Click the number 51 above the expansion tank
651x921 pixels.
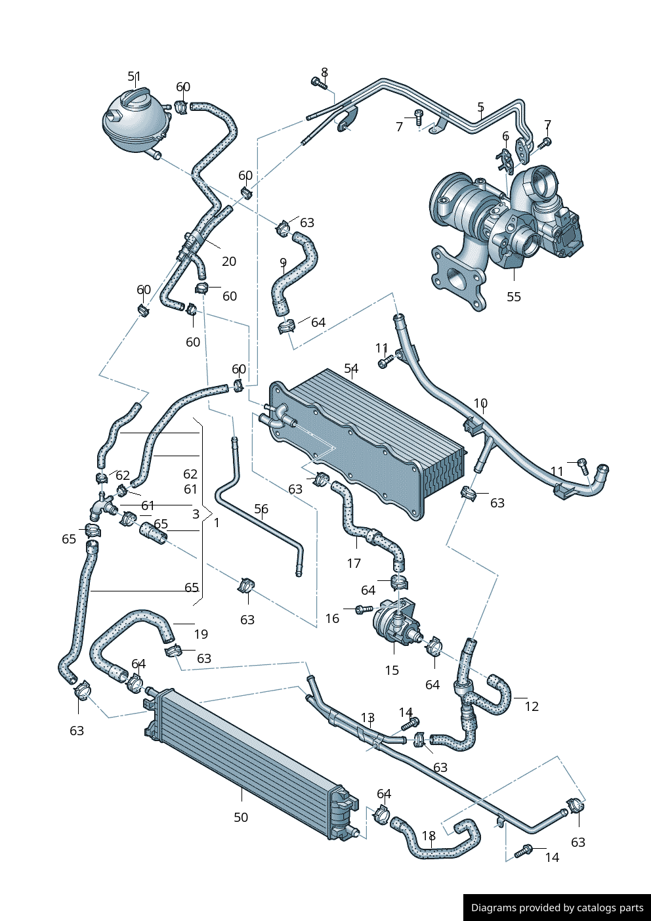pos(134,77)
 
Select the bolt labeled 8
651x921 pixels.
pos(318,83)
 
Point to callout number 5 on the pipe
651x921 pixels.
pos(481,107)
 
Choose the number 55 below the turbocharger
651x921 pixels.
pos(514,297)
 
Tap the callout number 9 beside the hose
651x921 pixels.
pos(283,263)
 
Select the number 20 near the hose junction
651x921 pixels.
pos(228,261)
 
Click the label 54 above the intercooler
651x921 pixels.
pos(351,369)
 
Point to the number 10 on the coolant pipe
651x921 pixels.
pos(480,403)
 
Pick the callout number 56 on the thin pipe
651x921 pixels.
pos(261,509)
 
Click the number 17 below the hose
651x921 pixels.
pos(354,563)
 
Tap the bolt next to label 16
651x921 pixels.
pos(363,610)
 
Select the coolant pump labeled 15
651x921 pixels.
pos(396,624)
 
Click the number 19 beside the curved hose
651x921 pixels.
pos(201,634)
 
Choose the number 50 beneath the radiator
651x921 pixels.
pos(241,817)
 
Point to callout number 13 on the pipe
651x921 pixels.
pos(367,718)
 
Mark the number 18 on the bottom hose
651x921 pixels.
pos(429,836)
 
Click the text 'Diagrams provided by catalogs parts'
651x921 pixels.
pos(557,908)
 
